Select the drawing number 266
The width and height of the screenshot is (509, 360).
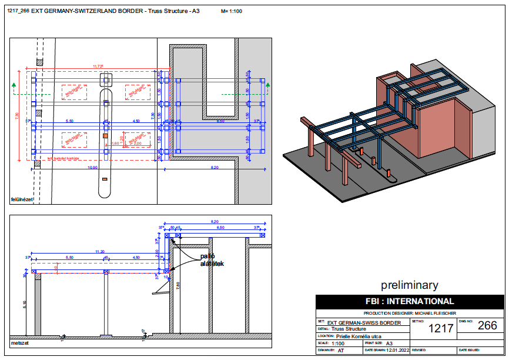(487, 326)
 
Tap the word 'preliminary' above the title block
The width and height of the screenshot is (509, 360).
(409, 285)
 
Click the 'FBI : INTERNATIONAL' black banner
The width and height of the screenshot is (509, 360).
(410, 302)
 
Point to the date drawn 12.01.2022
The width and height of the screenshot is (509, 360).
(396, 350)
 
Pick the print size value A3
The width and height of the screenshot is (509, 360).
(389, 343)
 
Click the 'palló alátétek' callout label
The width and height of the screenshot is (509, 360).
(212, 260)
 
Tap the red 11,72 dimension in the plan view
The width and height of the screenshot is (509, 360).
(98, 66)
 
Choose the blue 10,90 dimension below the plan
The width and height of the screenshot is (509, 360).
(92, 168)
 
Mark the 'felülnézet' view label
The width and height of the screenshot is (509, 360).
(22, 199)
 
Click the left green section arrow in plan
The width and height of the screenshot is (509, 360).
(14, 86)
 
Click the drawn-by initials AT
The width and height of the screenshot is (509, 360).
(340, 350)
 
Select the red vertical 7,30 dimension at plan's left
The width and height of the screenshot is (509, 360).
(17, 115)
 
